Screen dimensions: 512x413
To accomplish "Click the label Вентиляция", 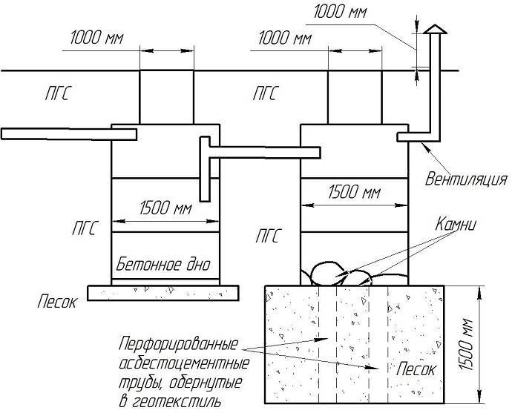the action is click(466, 179).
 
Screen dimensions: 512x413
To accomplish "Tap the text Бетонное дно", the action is click(163, 265).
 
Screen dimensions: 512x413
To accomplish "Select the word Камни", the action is click(456, 225).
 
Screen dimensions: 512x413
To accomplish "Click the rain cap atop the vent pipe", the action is click(435, 30).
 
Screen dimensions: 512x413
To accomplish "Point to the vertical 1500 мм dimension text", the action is click(466, 344).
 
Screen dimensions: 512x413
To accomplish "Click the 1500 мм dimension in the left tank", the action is click(165, 208).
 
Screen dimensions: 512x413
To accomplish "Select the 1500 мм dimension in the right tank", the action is click(354, 192).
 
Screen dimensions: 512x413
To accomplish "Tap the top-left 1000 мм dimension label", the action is click(97, 38).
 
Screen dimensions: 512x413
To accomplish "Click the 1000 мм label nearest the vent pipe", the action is click(341, 12).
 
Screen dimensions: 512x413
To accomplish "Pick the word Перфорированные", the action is click(178, 344).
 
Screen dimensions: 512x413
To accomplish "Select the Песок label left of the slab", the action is click(57, 302).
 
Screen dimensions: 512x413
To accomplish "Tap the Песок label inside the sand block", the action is click(416, 369).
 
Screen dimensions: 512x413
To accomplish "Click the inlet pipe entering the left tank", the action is click(68, 134).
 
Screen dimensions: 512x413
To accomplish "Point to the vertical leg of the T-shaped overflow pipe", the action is click(205, 169).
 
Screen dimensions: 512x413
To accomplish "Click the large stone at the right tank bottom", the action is click(327, 274).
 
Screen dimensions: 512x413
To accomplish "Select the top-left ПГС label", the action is click(58, 93).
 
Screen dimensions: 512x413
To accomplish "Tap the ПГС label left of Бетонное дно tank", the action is click(85, 228).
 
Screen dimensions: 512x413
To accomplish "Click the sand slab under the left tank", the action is click(163, 293).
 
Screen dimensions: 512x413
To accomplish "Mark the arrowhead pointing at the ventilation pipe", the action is click(426, 146).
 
